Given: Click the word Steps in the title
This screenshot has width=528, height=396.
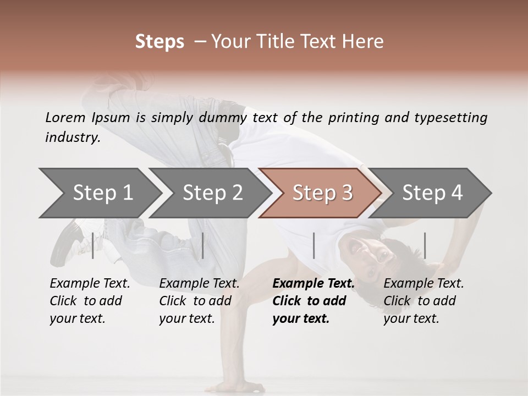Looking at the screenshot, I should pyautogui.click(x=159, y=42).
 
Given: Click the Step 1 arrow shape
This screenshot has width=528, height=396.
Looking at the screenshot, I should pyautogui.click(x=103, y=193).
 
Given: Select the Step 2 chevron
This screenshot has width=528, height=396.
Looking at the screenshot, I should pyautogui.click(x=212, y=193).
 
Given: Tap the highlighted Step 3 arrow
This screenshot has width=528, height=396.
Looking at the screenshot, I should pyautogui.click(x=322, y=193).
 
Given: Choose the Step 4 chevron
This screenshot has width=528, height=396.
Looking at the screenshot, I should pyautogui.click(x=432, y=193).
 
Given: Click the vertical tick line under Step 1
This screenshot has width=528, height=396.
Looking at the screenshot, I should pyautogui.click(x=93, y=245).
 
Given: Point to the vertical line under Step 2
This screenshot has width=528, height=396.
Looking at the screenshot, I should pyautogui.click(x=203, y=245).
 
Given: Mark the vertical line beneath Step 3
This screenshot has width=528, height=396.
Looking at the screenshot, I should pyautogui.click(x=313, y=245).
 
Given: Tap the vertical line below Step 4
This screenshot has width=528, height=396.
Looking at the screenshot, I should pyautogui.click(x=425, y=245).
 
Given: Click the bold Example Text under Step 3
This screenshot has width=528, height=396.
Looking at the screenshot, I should pyautogui.click(x=313, y=284).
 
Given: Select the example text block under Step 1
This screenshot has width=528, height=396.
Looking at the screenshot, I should pyautogui.click(x=90, y=301).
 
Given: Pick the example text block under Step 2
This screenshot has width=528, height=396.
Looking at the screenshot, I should pyautogui.click(x=199, y=301).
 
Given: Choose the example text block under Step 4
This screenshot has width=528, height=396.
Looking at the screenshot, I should pyautogui.click(x=424, y=301).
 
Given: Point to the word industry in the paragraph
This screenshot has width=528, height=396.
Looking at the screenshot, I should pyautogui.click(x=72, y=137).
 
